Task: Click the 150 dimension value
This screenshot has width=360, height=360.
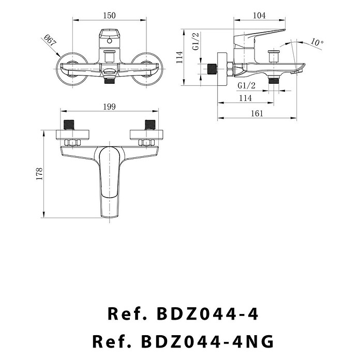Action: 109,16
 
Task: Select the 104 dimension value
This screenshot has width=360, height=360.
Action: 259,16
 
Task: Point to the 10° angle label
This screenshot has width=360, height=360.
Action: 317,42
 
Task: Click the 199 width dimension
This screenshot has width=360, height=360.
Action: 109,107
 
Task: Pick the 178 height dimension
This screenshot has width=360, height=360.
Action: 39,174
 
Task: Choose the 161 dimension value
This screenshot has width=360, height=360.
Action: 257,113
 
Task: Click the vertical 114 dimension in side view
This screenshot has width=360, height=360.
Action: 179,57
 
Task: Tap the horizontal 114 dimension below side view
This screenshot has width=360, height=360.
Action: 246,98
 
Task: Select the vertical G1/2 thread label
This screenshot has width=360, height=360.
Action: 196,41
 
